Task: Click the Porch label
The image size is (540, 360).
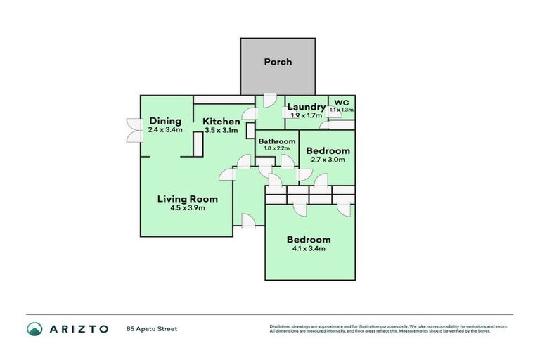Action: coord(278,62)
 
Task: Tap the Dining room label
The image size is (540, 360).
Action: coord(165,121)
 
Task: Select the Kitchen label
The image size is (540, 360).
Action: coord(221,122)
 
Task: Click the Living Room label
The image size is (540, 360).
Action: coord(187,199)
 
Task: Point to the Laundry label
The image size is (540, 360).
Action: coord(306,107)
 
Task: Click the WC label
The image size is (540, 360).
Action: coord(342,102)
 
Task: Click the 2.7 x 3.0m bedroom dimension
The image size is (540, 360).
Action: coord(328,160)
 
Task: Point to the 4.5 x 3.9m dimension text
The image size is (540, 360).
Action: coord(187,208)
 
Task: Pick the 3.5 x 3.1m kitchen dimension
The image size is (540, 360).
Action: coord(221,130)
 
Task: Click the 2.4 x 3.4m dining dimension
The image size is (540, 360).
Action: coord(165,130)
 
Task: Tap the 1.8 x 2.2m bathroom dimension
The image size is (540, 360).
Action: coord(276,148)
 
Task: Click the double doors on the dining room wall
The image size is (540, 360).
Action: coord(131,129)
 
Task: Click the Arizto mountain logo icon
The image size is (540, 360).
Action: coord(34,328)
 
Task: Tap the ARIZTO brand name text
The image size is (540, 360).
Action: coord(78,328)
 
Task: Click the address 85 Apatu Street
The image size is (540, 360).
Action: coord(152,328)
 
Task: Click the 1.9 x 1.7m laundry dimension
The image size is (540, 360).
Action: coord(306,115)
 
